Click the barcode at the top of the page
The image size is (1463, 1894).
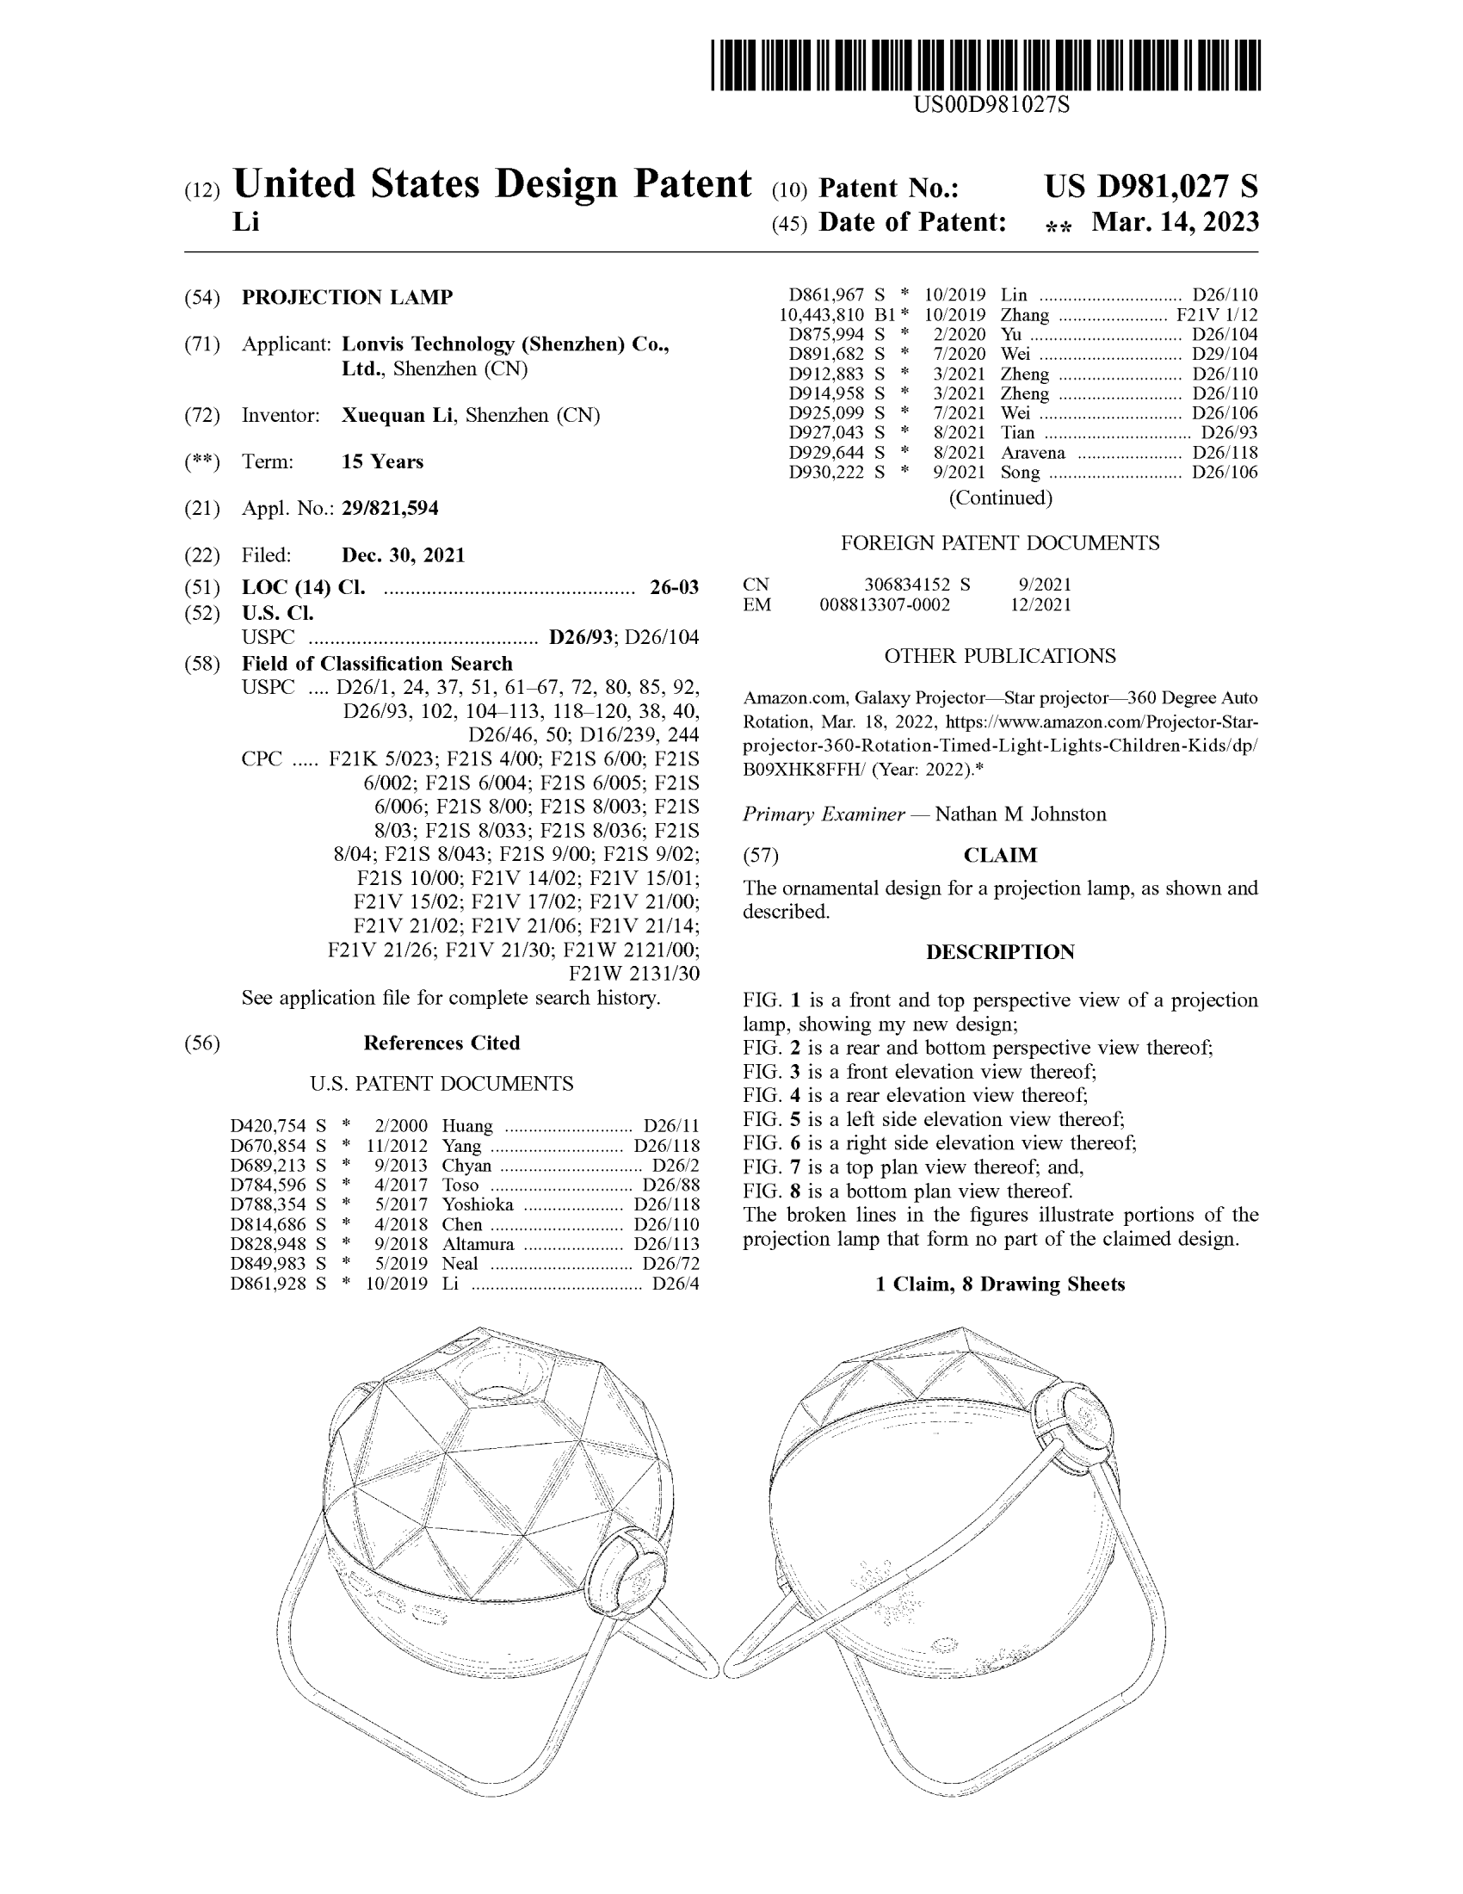985,65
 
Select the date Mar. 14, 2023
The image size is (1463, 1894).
1175,222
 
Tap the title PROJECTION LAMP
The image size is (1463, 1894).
347,298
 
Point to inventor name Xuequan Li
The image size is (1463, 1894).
397,416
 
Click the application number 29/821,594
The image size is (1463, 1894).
389,508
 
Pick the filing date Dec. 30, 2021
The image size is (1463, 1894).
403,555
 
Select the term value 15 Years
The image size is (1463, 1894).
382,461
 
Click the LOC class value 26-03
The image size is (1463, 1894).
674,588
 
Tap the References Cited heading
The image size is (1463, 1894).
441,1043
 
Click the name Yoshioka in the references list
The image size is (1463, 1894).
477,1204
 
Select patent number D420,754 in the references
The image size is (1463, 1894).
268,1126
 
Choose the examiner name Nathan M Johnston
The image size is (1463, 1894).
1020,814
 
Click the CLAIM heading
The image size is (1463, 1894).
1000,855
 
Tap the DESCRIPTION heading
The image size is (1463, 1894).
1000,952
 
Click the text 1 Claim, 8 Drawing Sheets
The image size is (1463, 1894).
1000,1284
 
